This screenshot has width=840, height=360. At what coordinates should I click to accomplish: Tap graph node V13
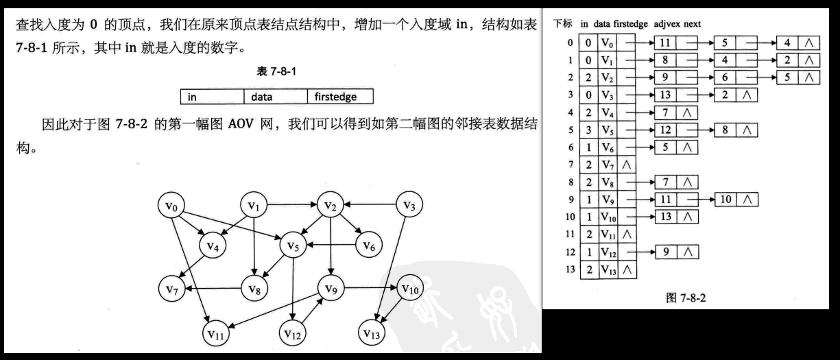pyautogui.click(x=372, y=333)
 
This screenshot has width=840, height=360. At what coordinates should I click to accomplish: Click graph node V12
pyautogui.click(x=293, y=333)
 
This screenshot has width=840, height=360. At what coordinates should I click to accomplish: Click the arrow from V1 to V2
pyautogui.click(x=291, y=204)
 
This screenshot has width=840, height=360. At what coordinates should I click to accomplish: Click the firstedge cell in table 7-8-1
pyautogui.click(x=339, y=97)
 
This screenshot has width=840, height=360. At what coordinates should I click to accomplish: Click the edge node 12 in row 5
pyautogui.click(x=665, y=129)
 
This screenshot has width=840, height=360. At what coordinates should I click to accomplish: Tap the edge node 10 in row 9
pyautogui.click(x=725, y=200)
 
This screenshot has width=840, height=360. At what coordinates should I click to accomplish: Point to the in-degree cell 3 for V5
pyautogui.click(x=588, y=129)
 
